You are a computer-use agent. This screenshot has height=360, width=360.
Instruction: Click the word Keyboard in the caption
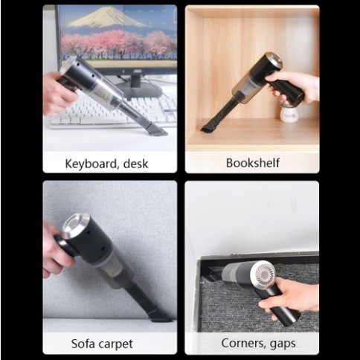[91, 164]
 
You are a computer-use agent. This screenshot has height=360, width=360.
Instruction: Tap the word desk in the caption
[135, 164]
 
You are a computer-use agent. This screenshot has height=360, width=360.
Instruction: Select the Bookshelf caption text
[253, 163]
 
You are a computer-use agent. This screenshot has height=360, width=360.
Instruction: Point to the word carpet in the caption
[116, 344]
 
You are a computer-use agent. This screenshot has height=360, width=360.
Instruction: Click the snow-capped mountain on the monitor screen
[106, 17]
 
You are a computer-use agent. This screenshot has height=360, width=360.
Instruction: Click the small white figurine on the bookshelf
[289, 113]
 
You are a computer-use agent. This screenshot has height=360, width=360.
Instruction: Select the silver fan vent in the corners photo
[263, 274]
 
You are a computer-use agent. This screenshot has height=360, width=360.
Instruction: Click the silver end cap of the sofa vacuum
[75, 226]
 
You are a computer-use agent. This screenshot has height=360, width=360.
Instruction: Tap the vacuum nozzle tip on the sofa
[161, 318]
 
